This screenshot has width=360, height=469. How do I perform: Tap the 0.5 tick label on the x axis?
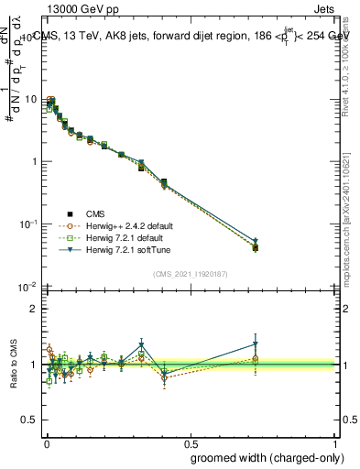pyautogui.click(x=191, y=442)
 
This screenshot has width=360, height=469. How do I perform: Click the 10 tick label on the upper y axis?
pyautogui.click(x=30, y=99)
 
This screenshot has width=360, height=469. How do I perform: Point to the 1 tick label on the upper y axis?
pyautogui.click(x=33, y=161)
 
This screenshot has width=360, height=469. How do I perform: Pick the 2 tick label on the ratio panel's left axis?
pyautogui.click(x=33, y=309)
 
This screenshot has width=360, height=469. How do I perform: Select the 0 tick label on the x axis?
pyautogui.click(x=46, y=442)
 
